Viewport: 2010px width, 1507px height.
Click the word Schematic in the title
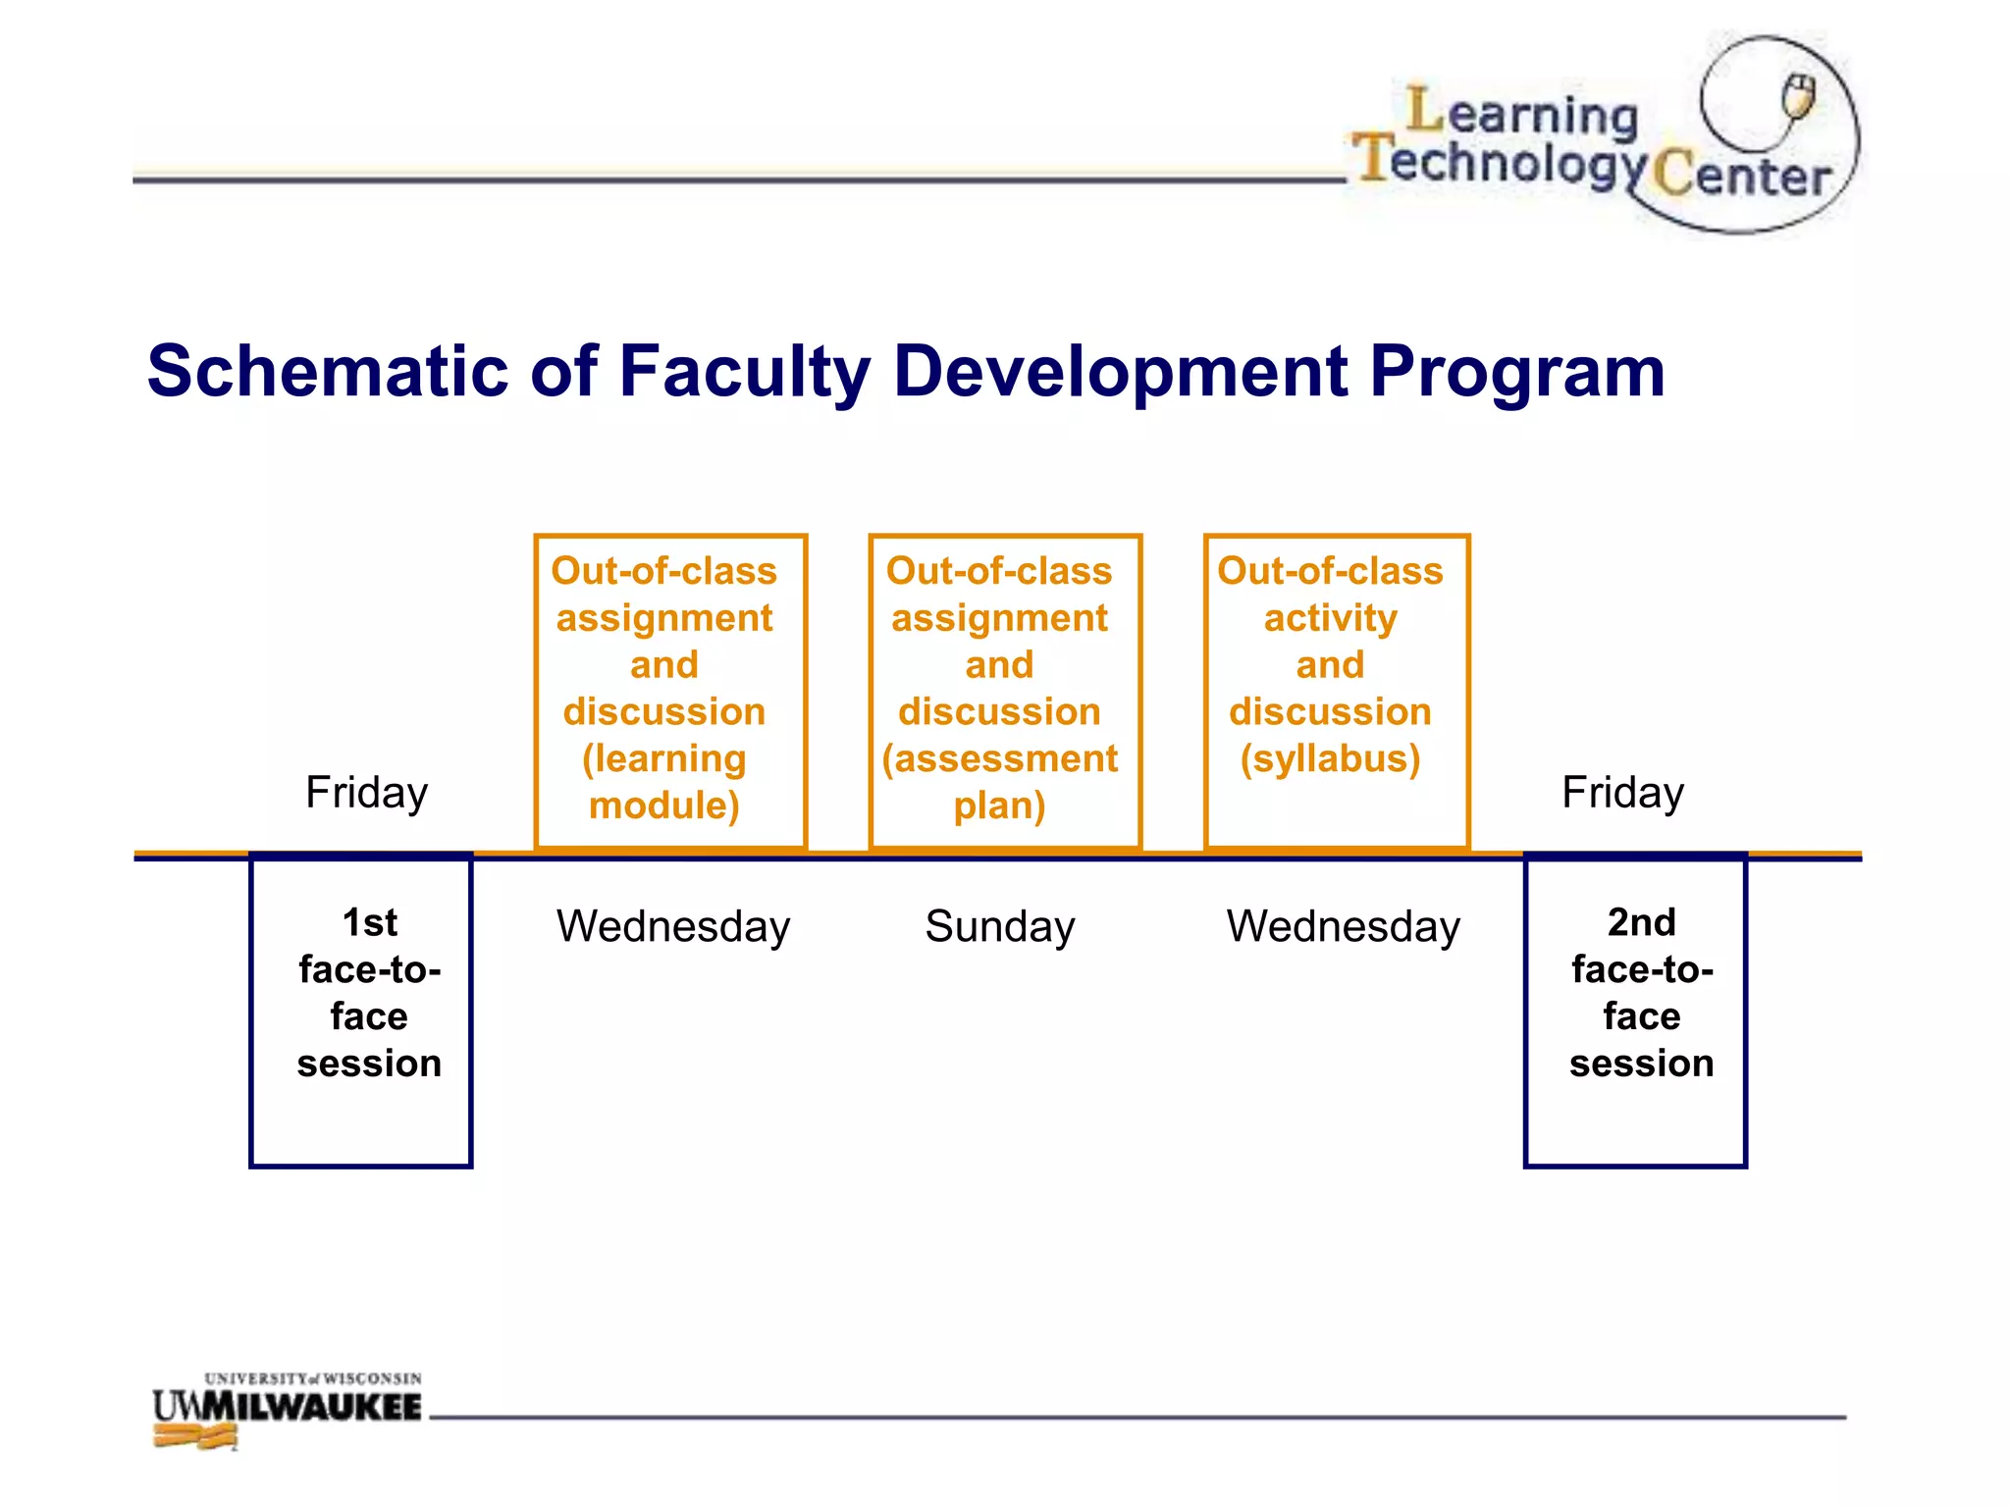tap(328, 372)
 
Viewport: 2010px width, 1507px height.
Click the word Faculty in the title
tap(744, 372)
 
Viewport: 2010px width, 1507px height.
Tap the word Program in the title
tap(1516, 372)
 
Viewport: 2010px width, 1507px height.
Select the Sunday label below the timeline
tap(999, 926)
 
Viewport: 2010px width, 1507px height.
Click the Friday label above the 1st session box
tap(366, 792)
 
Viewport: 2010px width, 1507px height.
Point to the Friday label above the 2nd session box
tap(1622, 792)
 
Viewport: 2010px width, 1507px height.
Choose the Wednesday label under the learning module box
tap(673, 926)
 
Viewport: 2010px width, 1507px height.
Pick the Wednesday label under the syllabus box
tap(1343, 926)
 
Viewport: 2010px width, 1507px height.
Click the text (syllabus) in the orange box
tap(1330, 758)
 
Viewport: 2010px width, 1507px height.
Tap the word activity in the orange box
tap(1330, 618)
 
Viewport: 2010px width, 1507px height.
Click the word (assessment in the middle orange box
tap(999, 758)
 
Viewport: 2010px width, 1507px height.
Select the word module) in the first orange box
tap(664, 805)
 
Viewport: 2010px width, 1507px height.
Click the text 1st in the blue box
tap(369, 922)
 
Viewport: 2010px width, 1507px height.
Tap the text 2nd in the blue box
tap(1641, 922)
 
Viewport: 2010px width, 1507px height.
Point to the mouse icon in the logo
tap(1799, 96)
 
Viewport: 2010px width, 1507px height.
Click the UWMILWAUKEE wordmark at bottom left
tap(287, 1406)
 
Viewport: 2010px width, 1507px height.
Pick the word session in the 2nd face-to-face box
tap(1641, 1064)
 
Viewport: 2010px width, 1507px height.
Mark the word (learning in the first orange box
tap(664, 758)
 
